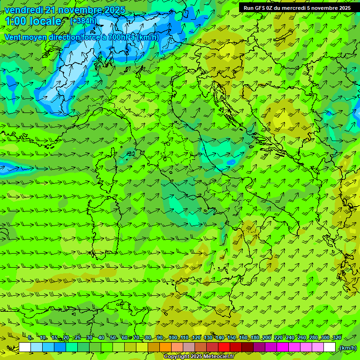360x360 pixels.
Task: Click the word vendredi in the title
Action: click(22, 10)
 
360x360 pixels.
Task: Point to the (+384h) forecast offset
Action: click(83, 21)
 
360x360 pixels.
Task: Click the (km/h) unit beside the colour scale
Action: click(347, 347)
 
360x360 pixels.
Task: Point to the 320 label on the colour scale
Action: click(336, 337)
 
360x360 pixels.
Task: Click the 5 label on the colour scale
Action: click(30, 337)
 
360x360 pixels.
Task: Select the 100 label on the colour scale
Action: click(172, 337)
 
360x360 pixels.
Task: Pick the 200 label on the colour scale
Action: click(267, 337)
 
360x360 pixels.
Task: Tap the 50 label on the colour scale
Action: click(113, 337)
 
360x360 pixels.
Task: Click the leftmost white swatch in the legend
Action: click(25, 347)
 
